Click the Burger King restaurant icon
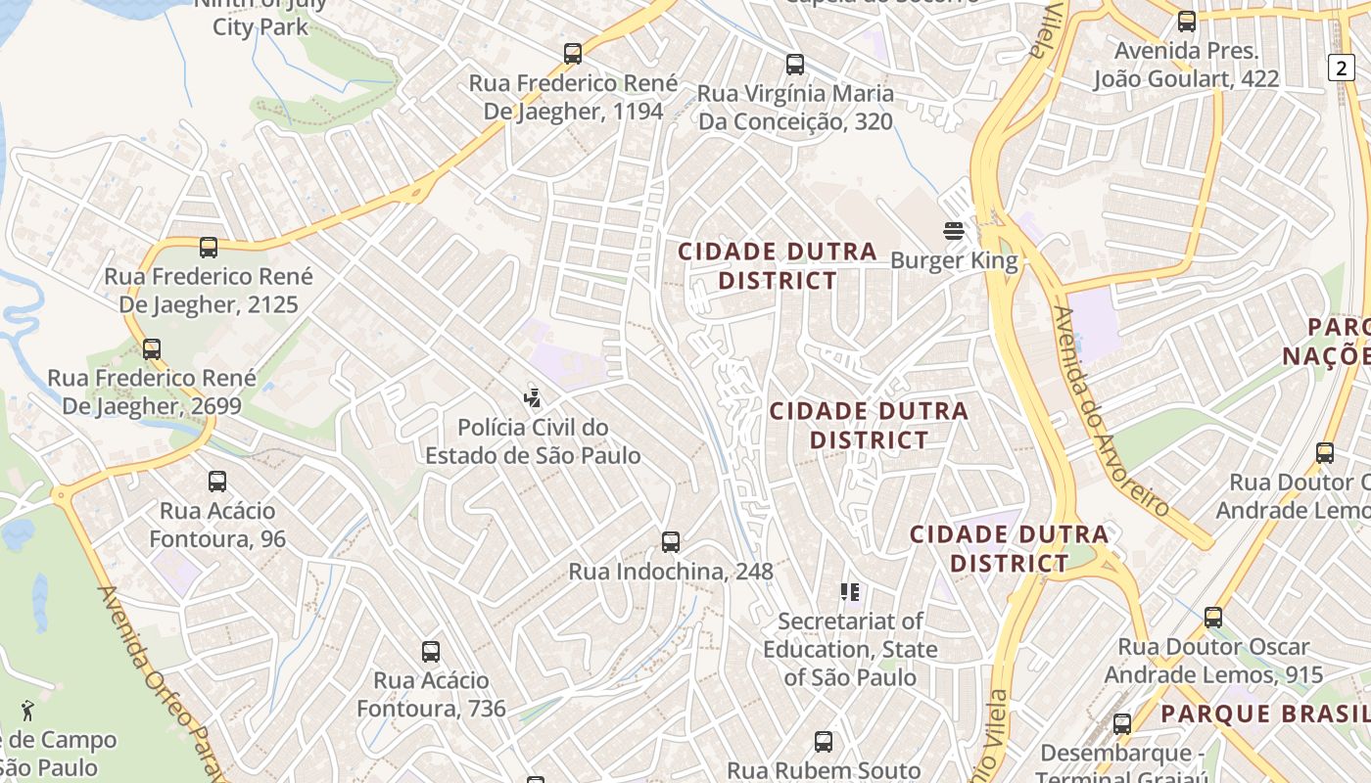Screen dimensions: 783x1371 (x=954, y=231)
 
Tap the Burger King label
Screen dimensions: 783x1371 (x=954, y=261)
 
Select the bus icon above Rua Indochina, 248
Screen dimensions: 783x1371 (x=671, y=541)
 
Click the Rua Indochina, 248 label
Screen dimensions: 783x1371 (x=671, y=572)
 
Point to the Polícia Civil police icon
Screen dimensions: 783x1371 (x=532, y=397)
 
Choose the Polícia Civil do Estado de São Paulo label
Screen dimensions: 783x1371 (x=533, y=441)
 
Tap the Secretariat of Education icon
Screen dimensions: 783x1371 (x=850, y=591)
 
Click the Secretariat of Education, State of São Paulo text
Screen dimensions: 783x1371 (x=850, y=649)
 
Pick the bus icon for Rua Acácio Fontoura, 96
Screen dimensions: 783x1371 (x=217, y=481)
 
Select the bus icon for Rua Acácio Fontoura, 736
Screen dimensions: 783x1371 (x=431, y=651)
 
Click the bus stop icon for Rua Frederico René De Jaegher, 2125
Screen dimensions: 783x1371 (x=209, y=247)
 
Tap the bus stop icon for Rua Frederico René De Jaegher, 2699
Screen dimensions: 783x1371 (x=152, y=348)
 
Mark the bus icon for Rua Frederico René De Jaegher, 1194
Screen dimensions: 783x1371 (x=573, y=53)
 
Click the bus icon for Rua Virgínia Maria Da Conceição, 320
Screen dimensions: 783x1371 (x=795, y=65)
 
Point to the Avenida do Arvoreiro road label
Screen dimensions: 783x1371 (x=1110, y=412)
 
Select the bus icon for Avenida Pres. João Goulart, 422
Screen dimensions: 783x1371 (x=1187, y=21)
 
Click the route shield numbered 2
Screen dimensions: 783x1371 (x=1341, y=67)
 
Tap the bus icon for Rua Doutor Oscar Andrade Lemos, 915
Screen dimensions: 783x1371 (x=1213, y=617)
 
